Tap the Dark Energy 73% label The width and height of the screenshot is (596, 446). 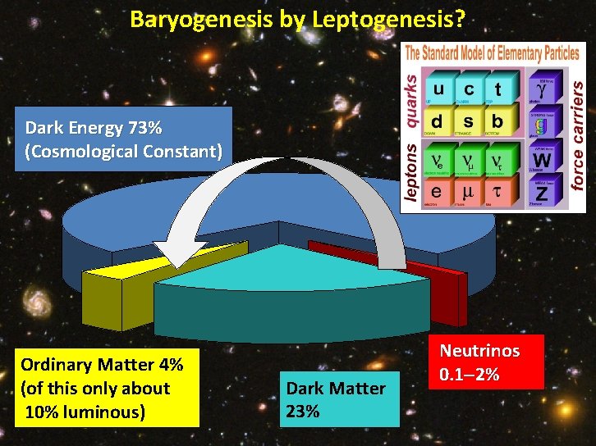coord(123,140)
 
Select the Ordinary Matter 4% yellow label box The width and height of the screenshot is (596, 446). coord(102,388)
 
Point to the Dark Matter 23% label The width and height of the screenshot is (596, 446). coord(337,398)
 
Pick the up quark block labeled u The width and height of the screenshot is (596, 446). coord(440,89)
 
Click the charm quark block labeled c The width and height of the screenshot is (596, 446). coord(469,89)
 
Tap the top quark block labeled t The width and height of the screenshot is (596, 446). coord(497,89)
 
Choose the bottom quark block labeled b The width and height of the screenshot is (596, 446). coord(497,122)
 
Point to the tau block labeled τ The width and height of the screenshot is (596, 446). coord(497,192)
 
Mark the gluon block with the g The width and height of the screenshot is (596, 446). coord(540,125)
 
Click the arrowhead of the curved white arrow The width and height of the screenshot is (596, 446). coord(177,254)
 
